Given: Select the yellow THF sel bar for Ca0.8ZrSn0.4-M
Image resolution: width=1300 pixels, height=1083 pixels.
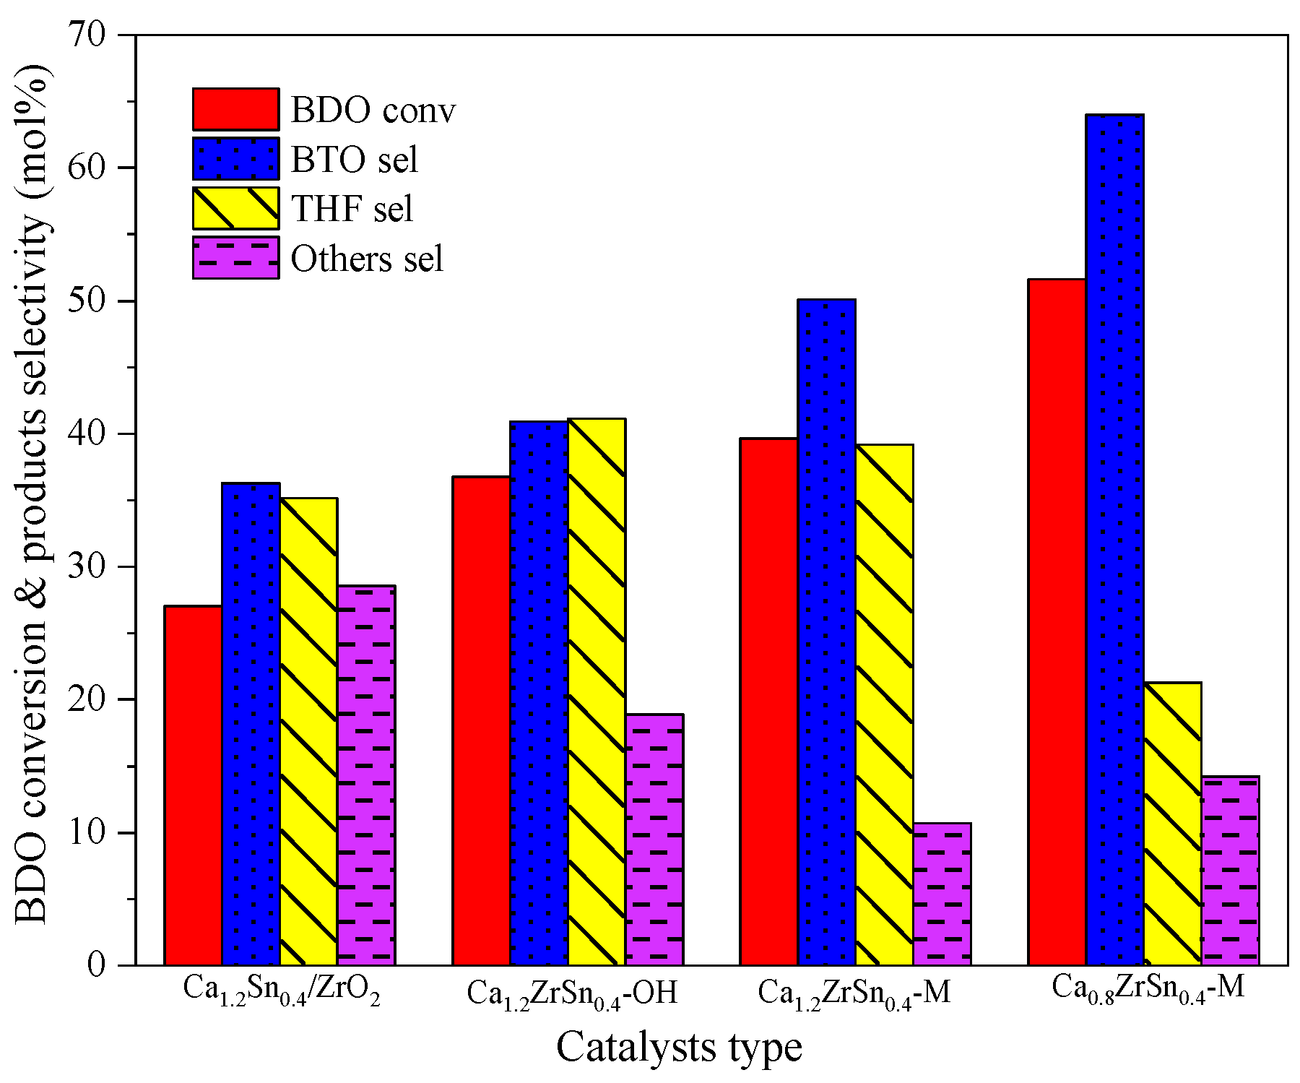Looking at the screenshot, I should [1172, 824].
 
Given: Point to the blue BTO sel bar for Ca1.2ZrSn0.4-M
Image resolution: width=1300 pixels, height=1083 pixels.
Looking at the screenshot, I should [827, 632].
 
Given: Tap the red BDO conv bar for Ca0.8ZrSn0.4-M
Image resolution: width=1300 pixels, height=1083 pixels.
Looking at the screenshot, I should [1057, 622].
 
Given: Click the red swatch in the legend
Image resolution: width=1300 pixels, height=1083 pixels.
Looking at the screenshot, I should [235, 109].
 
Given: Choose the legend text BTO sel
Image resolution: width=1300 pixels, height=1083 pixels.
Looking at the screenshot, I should [354, 159].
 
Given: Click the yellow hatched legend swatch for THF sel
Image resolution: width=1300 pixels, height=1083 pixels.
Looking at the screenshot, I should [235, 208].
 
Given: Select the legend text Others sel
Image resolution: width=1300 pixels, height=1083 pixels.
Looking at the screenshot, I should [367, 259].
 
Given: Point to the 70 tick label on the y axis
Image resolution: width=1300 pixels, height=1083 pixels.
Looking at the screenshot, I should [87, 35].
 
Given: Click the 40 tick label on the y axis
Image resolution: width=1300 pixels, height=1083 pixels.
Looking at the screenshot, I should [87, 433].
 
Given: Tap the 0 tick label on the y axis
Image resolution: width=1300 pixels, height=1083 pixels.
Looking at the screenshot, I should [97, 965].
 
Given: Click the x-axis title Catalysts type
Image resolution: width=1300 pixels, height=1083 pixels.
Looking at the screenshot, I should [679, 1047].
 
